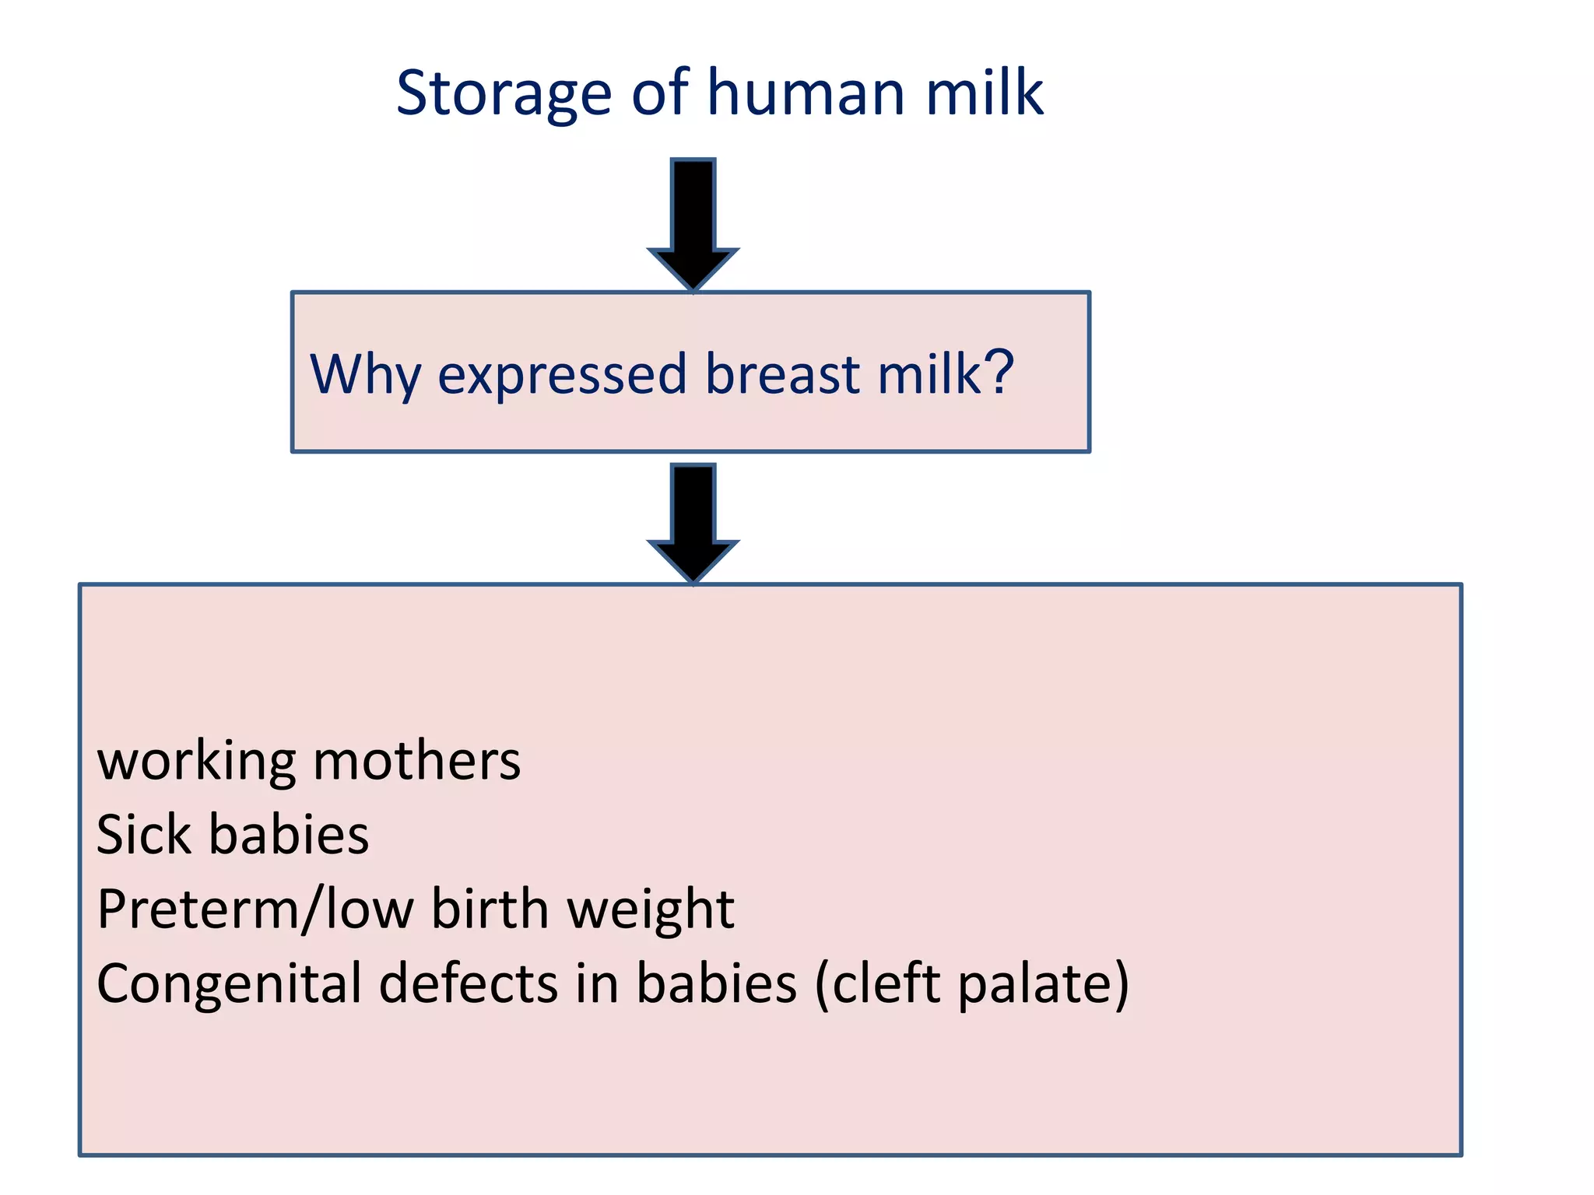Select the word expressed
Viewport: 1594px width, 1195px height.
(562, 375)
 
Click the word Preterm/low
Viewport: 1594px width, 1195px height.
(255, 909)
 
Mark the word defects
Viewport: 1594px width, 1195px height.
(469, 983)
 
